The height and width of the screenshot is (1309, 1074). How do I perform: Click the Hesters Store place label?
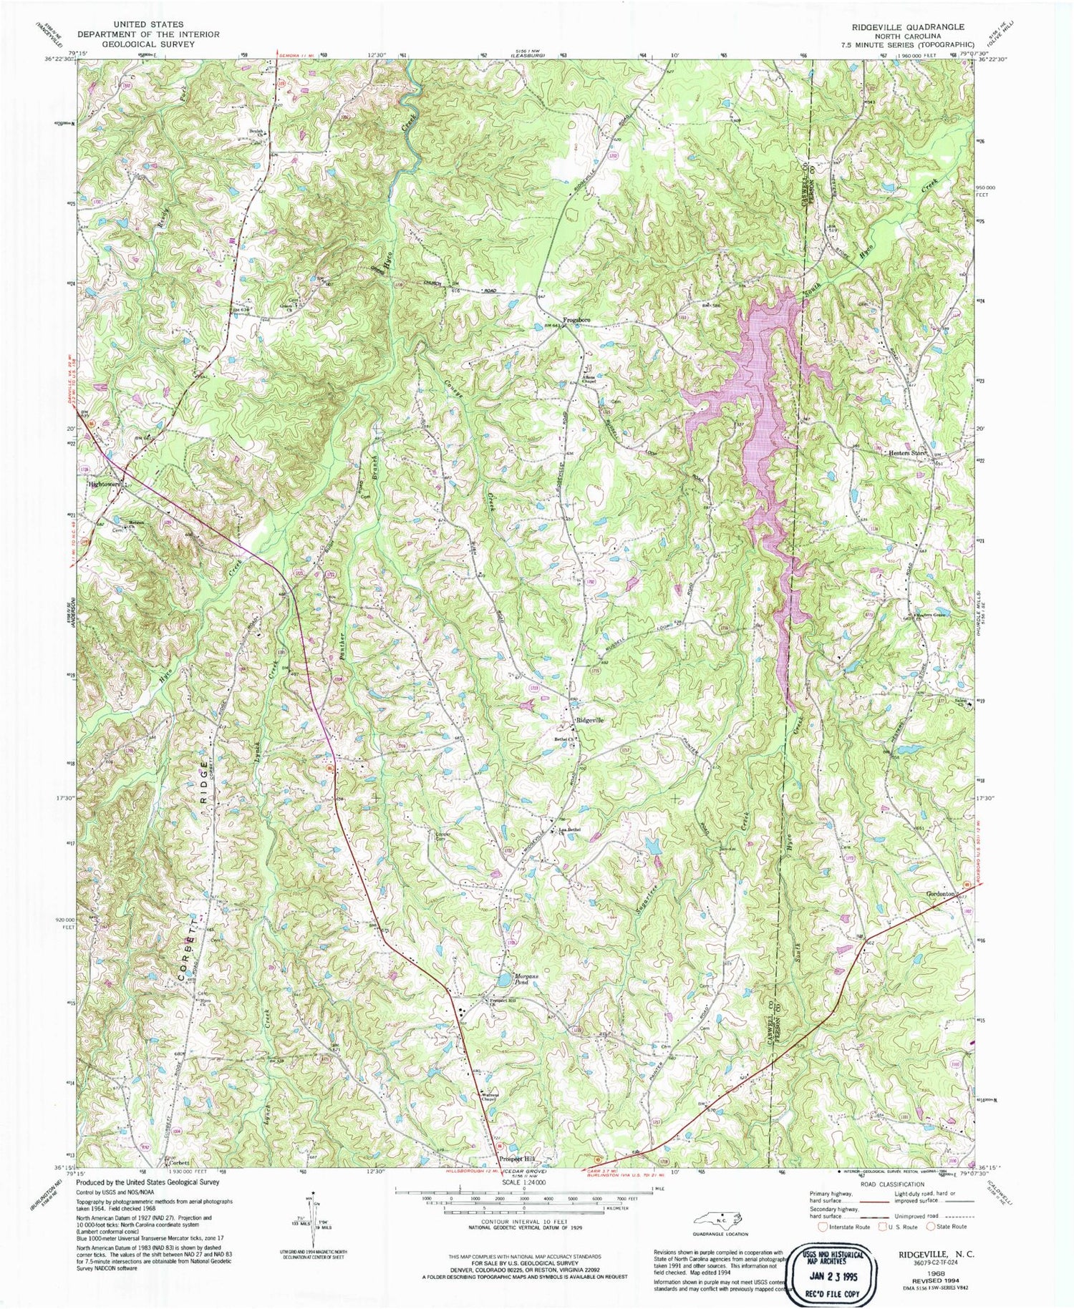pyautogui.click(x=908, y=453)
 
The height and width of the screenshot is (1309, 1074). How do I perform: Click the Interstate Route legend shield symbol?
pyautogui.click(x=823, y=1226)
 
